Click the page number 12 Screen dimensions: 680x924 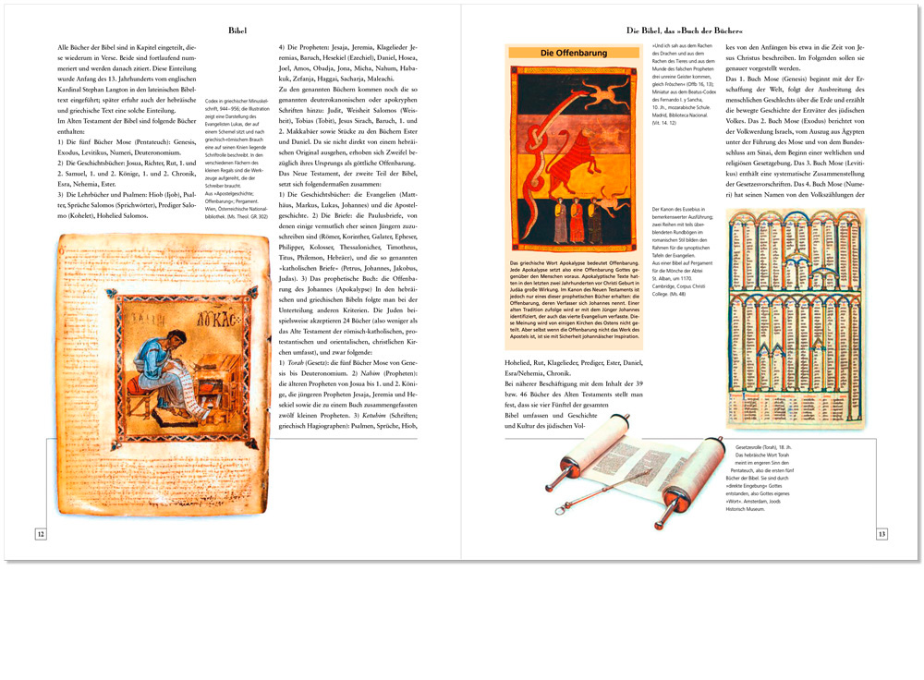tap(40, 534)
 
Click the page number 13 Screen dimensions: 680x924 tap(881, 534)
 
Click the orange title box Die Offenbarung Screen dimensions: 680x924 tap(573, 54)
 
